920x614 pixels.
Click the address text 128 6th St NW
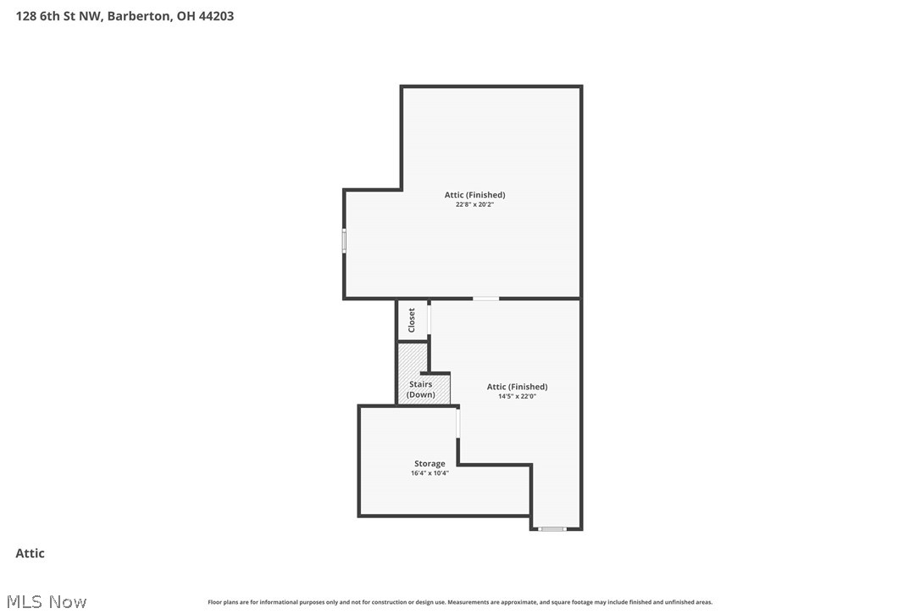click(58, 16)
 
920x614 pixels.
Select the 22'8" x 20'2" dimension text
click(474, 204)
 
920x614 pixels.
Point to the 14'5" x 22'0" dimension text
click(517, 396)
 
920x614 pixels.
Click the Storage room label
click(430, 464)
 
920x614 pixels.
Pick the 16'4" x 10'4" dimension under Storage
click(430, 473)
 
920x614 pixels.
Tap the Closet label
click(413, 320)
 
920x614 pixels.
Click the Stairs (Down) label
click(421, 389)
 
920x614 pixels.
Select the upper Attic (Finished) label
click(474, 195)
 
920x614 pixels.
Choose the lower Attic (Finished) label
click(517, 387)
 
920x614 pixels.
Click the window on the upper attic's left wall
click(344, 241)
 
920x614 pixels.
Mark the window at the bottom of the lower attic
click(552, 529)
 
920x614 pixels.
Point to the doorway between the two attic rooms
click(485, 299)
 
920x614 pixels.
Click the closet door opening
click(430, 319)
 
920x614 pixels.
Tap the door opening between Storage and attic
click(458, 423)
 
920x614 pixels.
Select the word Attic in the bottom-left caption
click(30, 554)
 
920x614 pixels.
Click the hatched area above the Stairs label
click(412, 358)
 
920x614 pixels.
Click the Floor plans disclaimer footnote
click(460, 602)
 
